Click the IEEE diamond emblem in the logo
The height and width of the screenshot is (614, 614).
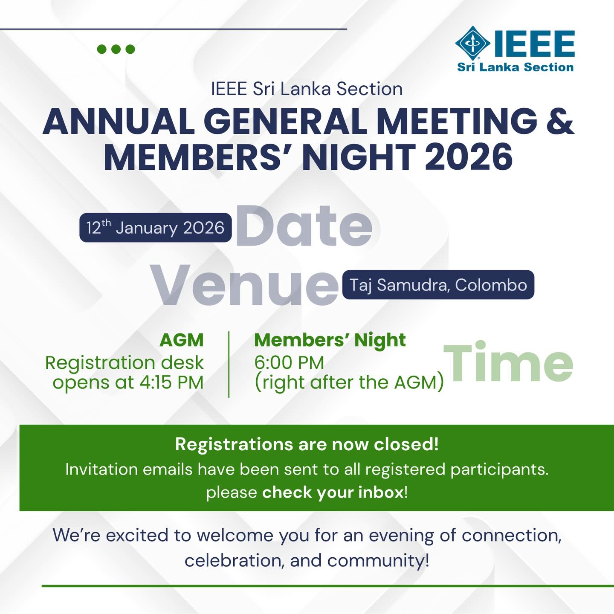pos(473,43)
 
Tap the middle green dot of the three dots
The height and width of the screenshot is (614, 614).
pos(116,49)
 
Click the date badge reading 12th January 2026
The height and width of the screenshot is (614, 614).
pos(156,228)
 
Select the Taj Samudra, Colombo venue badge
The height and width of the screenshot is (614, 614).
pos(438,285)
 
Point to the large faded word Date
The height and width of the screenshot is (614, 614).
pos(304,226)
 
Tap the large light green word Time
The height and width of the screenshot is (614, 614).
pos(508,362)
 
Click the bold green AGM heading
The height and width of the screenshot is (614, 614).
pos(182,340)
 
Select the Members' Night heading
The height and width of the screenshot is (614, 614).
pos(330,340)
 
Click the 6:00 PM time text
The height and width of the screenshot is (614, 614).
pos(289,363)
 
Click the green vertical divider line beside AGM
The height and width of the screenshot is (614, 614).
pos(229,364)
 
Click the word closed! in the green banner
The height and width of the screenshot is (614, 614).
pos(406,444)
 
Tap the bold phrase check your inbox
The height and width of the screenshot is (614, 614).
pos(333,492)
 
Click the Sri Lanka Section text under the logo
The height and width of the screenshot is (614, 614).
pos(515,67)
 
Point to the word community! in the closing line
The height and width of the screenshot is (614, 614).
pos(378,560)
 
